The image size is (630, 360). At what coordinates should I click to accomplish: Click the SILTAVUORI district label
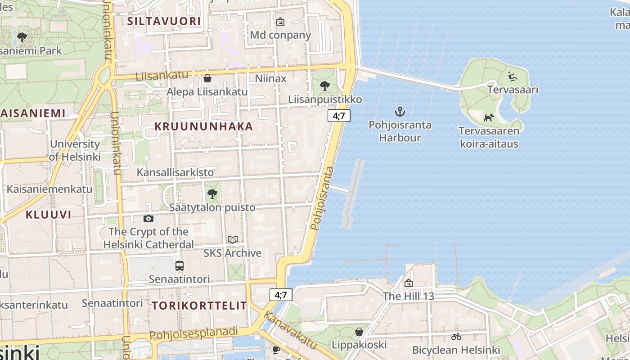164,21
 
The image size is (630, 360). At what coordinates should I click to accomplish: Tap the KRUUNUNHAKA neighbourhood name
204,126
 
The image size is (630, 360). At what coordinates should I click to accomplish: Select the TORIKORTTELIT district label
199,306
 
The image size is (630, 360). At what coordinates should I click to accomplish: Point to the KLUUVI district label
49,215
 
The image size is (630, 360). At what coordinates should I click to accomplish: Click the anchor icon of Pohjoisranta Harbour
400,111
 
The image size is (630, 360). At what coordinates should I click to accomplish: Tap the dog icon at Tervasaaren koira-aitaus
489,117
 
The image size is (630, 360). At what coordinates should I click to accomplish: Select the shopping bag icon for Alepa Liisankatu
207,78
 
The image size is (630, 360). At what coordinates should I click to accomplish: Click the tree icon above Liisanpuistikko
324,85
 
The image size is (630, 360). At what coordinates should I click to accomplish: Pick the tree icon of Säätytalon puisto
212,194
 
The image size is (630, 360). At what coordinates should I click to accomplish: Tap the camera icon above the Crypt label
148,219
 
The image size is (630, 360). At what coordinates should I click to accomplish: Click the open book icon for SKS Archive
232,239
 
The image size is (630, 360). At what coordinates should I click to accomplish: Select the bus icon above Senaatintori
180,265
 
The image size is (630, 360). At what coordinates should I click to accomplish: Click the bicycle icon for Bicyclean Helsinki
456,337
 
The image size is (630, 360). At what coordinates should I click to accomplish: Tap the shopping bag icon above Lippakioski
359,332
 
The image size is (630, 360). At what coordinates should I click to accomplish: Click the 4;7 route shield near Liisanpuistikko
339,116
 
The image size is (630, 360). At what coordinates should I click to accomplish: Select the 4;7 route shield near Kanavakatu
281,295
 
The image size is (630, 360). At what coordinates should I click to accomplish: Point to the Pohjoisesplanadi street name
193,333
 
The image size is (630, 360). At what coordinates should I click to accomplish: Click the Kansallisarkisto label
175,172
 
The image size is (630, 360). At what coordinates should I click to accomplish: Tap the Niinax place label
270,79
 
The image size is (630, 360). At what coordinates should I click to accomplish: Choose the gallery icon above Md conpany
280,21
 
